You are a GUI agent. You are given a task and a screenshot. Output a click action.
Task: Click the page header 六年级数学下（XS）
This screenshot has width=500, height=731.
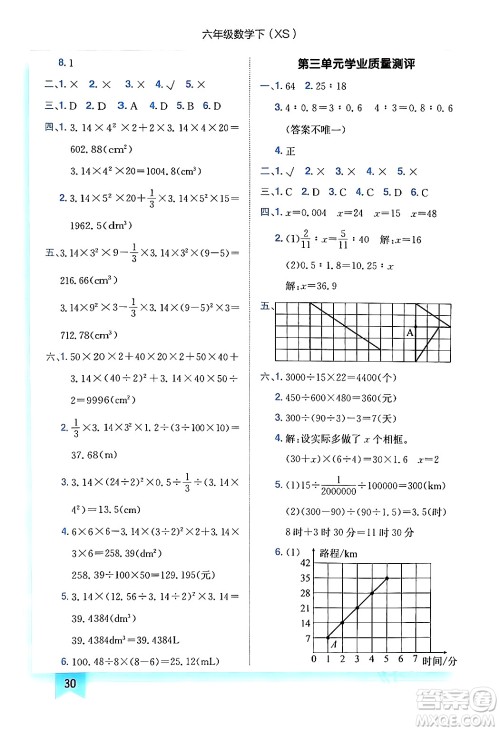[249, 17]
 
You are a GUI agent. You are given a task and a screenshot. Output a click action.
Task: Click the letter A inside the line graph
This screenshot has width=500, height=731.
[335, 645]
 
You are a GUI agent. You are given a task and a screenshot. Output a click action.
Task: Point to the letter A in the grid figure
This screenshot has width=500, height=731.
[409, 332]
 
